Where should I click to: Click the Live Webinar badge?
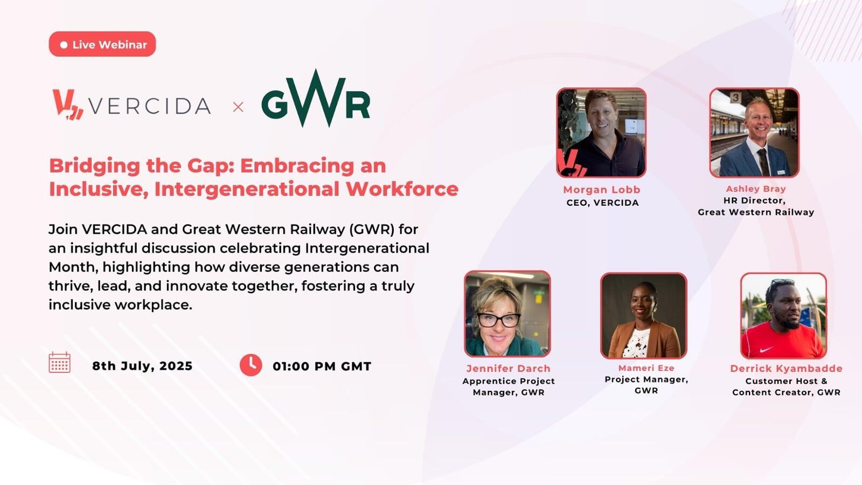(x=102, y=44)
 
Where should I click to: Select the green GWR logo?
(x=316, y=99)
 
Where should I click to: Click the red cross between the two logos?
(x=238, y=107)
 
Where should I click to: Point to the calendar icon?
(x=60, y=362)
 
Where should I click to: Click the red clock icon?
(x=251, y=365)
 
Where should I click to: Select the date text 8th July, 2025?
(x=142, y=366)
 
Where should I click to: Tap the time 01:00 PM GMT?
(x=322, y=366)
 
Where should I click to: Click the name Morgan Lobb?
(x=602, y=190)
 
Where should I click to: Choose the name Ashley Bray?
(x=756, y=189)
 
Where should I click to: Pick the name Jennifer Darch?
(x=509, y=369)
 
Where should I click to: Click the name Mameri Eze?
(x=646, y=368)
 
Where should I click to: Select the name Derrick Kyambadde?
(x=786, y=369)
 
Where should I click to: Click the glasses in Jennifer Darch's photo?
(x=499, y=320)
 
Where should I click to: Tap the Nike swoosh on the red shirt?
(x=766, y=350)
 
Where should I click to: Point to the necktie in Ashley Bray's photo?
(x=763, y=162)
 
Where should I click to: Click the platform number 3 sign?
(x=735, y=98)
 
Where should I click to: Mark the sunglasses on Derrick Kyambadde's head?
(x=782, y=282)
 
